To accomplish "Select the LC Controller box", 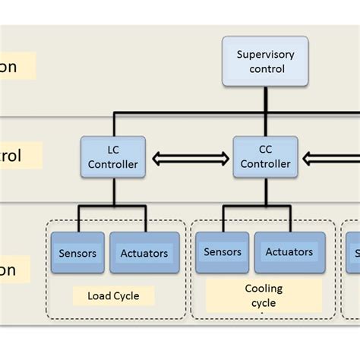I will point(112,157).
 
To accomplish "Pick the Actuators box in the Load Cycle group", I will point(144,253).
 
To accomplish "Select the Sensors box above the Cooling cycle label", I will point(222,252).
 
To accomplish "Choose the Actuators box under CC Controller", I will point(289,252).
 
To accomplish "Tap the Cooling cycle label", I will point(263,295).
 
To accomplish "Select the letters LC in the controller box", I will point(112,150).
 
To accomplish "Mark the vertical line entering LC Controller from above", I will point(114,125).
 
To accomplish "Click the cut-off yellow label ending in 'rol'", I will point(20,156).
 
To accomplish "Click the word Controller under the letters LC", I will point(112,164).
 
